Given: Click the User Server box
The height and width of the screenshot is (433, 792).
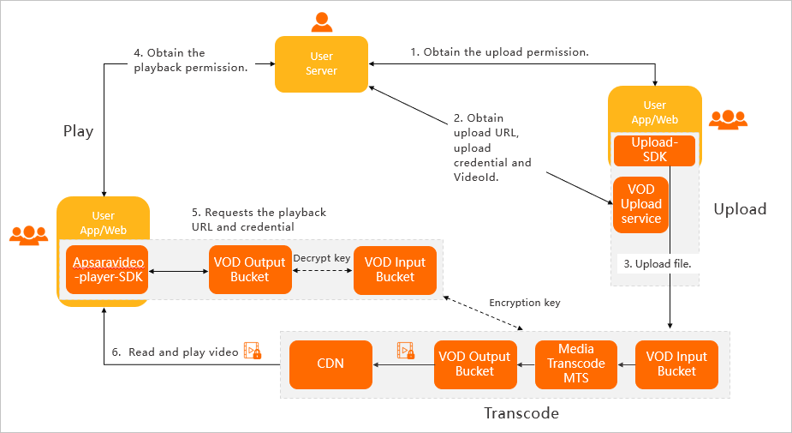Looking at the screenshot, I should (x=321, y=63).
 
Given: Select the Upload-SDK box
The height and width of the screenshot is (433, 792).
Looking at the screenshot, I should (x=654, y=150).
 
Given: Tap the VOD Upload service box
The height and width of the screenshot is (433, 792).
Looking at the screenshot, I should (x=641, y=204).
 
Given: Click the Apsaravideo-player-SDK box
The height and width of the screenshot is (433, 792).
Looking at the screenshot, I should (x=107, y=270).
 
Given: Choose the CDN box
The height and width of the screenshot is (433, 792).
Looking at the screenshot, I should (x=330, y=364).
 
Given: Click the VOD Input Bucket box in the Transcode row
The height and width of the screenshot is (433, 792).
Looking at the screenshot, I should (x=676, y=364).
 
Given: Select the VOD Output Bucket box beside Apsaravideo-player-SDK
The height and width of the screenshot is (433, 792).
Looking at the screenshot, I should (x=250, y=270).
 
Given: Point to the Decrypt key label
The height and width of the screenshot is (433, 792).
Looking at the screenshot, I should (x=323, y=257).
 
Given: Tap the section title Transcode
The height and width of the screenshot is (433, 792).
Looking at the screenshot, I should (x=521, y=413).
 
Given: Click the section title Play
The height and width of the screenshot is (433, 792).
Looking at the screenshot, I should (x=78, y=132).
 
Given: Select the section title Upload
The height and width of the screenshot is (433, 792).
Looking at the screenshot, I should (x=740, y=209).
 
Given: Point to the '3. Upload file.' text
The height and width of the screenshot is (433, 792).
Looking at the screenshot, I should (x=658, y=264).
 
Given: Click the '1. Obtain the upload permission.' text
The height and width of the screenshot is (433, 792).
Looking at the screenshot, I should (x=500, y=52).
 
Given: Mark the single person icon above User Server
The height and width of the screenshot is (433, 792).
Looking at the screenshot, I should (x=321, y=21).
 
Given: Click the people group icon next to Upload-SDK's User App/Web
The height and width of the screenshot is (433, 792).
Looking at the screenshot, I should (x=728, y=119).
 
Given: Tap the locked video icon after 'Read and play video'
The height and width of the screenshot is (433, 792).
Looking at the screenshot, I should (x=252, y=351).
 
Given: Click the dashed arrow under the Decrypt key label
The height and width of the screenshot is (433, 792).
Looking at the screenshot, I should (x=323, y=271).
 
